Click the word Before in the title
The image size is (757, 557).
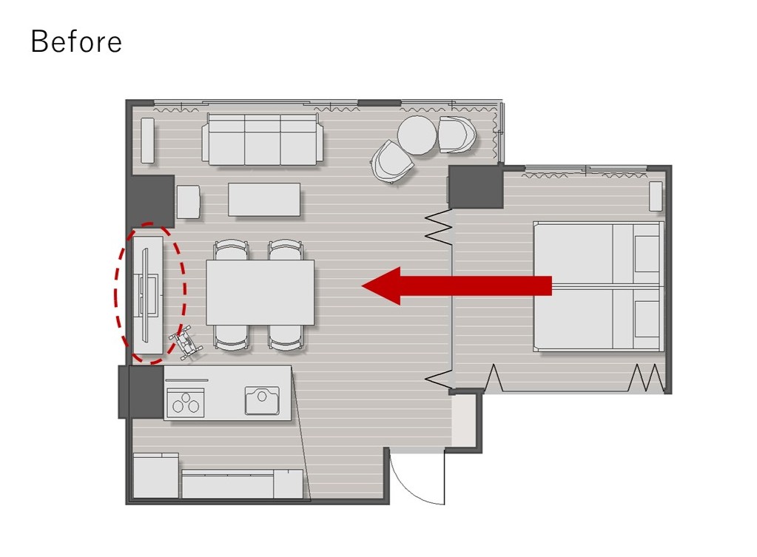point(76,41)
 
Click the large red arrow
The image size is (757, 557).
point(457,286)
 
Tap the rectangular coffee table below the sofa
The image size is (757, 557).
point(264,199)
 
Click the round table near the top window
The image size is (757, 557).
point(417,135)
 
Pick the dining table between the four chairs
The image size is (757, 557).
point(260,292)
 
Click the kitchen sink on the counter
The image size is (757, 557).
point(262,400)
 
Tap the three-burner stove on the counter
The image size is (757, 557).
point(186,403)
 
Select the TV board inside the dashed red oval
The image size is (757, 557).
point(149,295)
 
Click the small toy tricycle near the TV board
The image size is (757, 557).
point(186,342)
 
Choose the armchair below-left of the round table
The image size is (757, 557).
point(392,161)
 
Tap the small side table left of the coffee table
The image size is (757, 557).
point(188,201)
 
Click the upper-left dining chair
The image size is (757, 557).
point(232,249)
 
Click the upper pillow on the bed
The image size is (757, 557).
point(647,254)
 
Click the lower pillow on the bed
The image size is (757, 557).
point(647,319)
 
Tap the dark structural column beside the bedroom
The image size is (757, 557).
point(476,187)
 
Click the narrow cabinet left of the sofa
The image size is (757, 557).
point(148,140)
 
